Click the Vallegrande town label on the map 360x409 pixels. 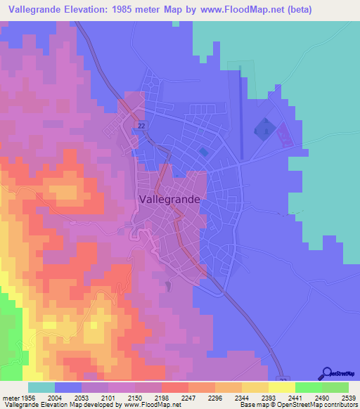(169, 199)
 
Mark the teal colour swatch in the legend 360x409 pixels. (41, 387)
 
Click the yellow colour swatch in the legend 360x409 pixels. (281, 387)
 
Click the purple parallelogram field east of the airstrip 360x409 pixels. (284, 134)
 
